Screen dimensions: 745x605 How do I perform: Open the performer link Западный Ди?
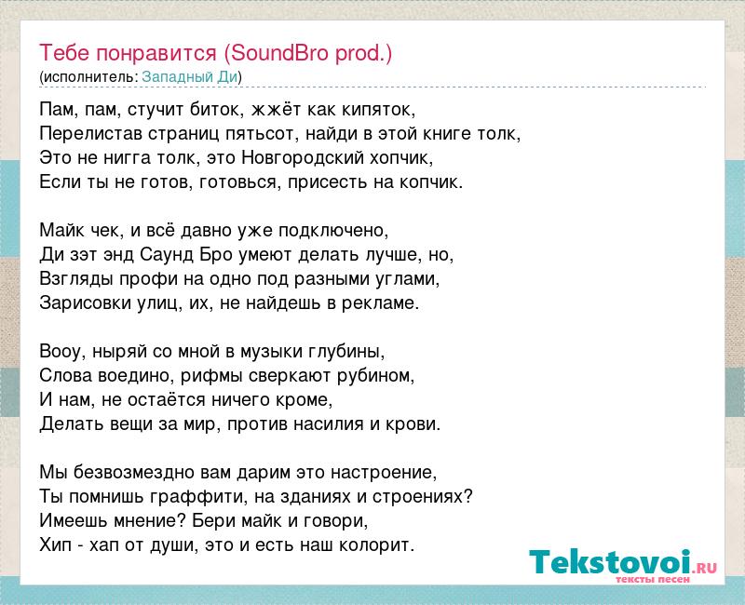tap(190, 76)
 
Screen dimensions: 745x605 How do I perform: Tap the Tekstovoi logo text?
tap(623, 562)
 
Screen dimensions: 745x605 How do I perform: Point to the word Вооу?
tap(59, 352)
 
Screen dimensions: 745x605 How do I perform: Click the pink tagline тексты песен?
tap(653, 579)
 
